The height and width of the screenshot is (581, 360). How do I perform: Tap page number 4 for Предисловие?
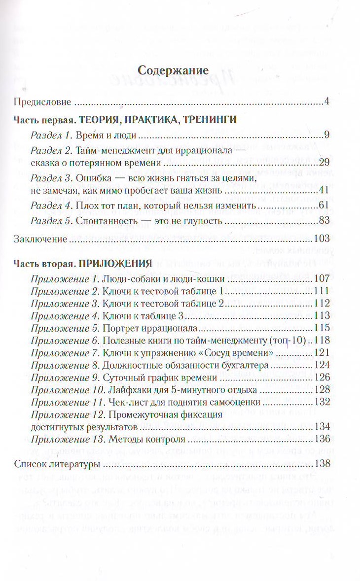[x=327, y=103]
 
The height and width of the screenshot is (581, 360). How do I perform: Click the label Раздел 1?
[x=48, y=136]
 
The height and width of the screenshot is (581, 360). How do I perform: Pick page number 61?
[x=324, y=205]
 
